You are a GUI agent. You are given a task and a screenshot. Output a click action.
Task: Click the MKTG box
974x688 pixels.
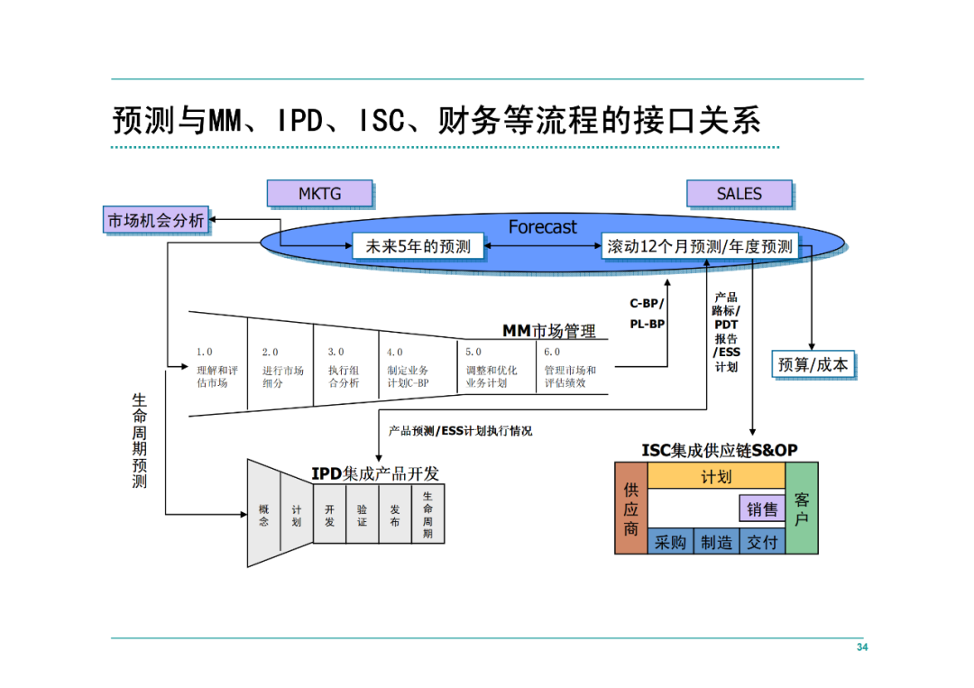[319, 193]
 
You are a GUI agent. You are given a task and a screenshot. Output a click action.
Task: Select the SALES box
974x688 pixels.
[739, 193]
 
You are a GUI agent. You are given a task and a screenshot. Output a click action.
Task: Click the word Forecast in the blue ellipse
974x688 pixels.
[542, 226]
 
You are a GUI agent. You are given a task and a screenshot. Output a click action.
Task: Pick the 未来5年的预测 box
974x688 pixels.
[418, 246]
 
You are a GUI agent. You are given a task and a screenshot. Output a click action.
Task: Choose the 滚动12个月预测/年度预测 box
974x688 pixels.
[700, 246]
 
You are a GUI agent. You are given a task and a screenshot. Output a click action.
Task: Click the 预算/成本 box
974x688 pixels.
[813, 364]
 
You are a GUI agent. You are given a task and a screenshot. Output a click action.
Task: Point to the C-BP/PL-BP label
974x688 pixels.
[647, 314]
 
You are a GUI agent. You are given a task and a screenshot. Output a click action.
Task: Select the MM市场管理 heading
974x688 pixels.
[549, 331]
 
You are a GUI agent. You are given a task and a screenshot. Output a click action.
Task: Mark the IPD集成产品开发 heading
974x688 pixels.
[374, 473]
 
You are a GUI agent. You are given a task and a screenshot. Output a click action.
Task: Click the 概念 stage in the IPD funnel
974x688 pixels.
[264, 515]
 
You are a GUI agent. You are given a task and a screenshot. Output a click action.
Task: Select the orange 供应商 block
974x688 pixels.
[630, 508]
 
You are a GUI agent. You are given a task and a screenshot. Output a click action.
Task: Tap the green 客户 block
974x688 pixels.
[802, 508]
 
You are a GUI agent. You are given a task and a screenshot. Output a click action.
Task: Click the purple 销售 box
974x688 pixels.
[762, 509]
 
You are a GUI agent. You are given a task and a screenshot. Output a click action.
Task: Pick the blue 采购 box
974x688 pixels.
[670, 541]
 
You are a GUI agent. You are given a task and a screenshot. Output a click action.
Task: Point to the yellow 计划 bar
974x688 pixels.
[716, 476]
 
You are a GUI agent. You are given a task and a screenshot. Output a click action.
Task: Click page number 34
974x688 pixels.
[861, 647]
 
